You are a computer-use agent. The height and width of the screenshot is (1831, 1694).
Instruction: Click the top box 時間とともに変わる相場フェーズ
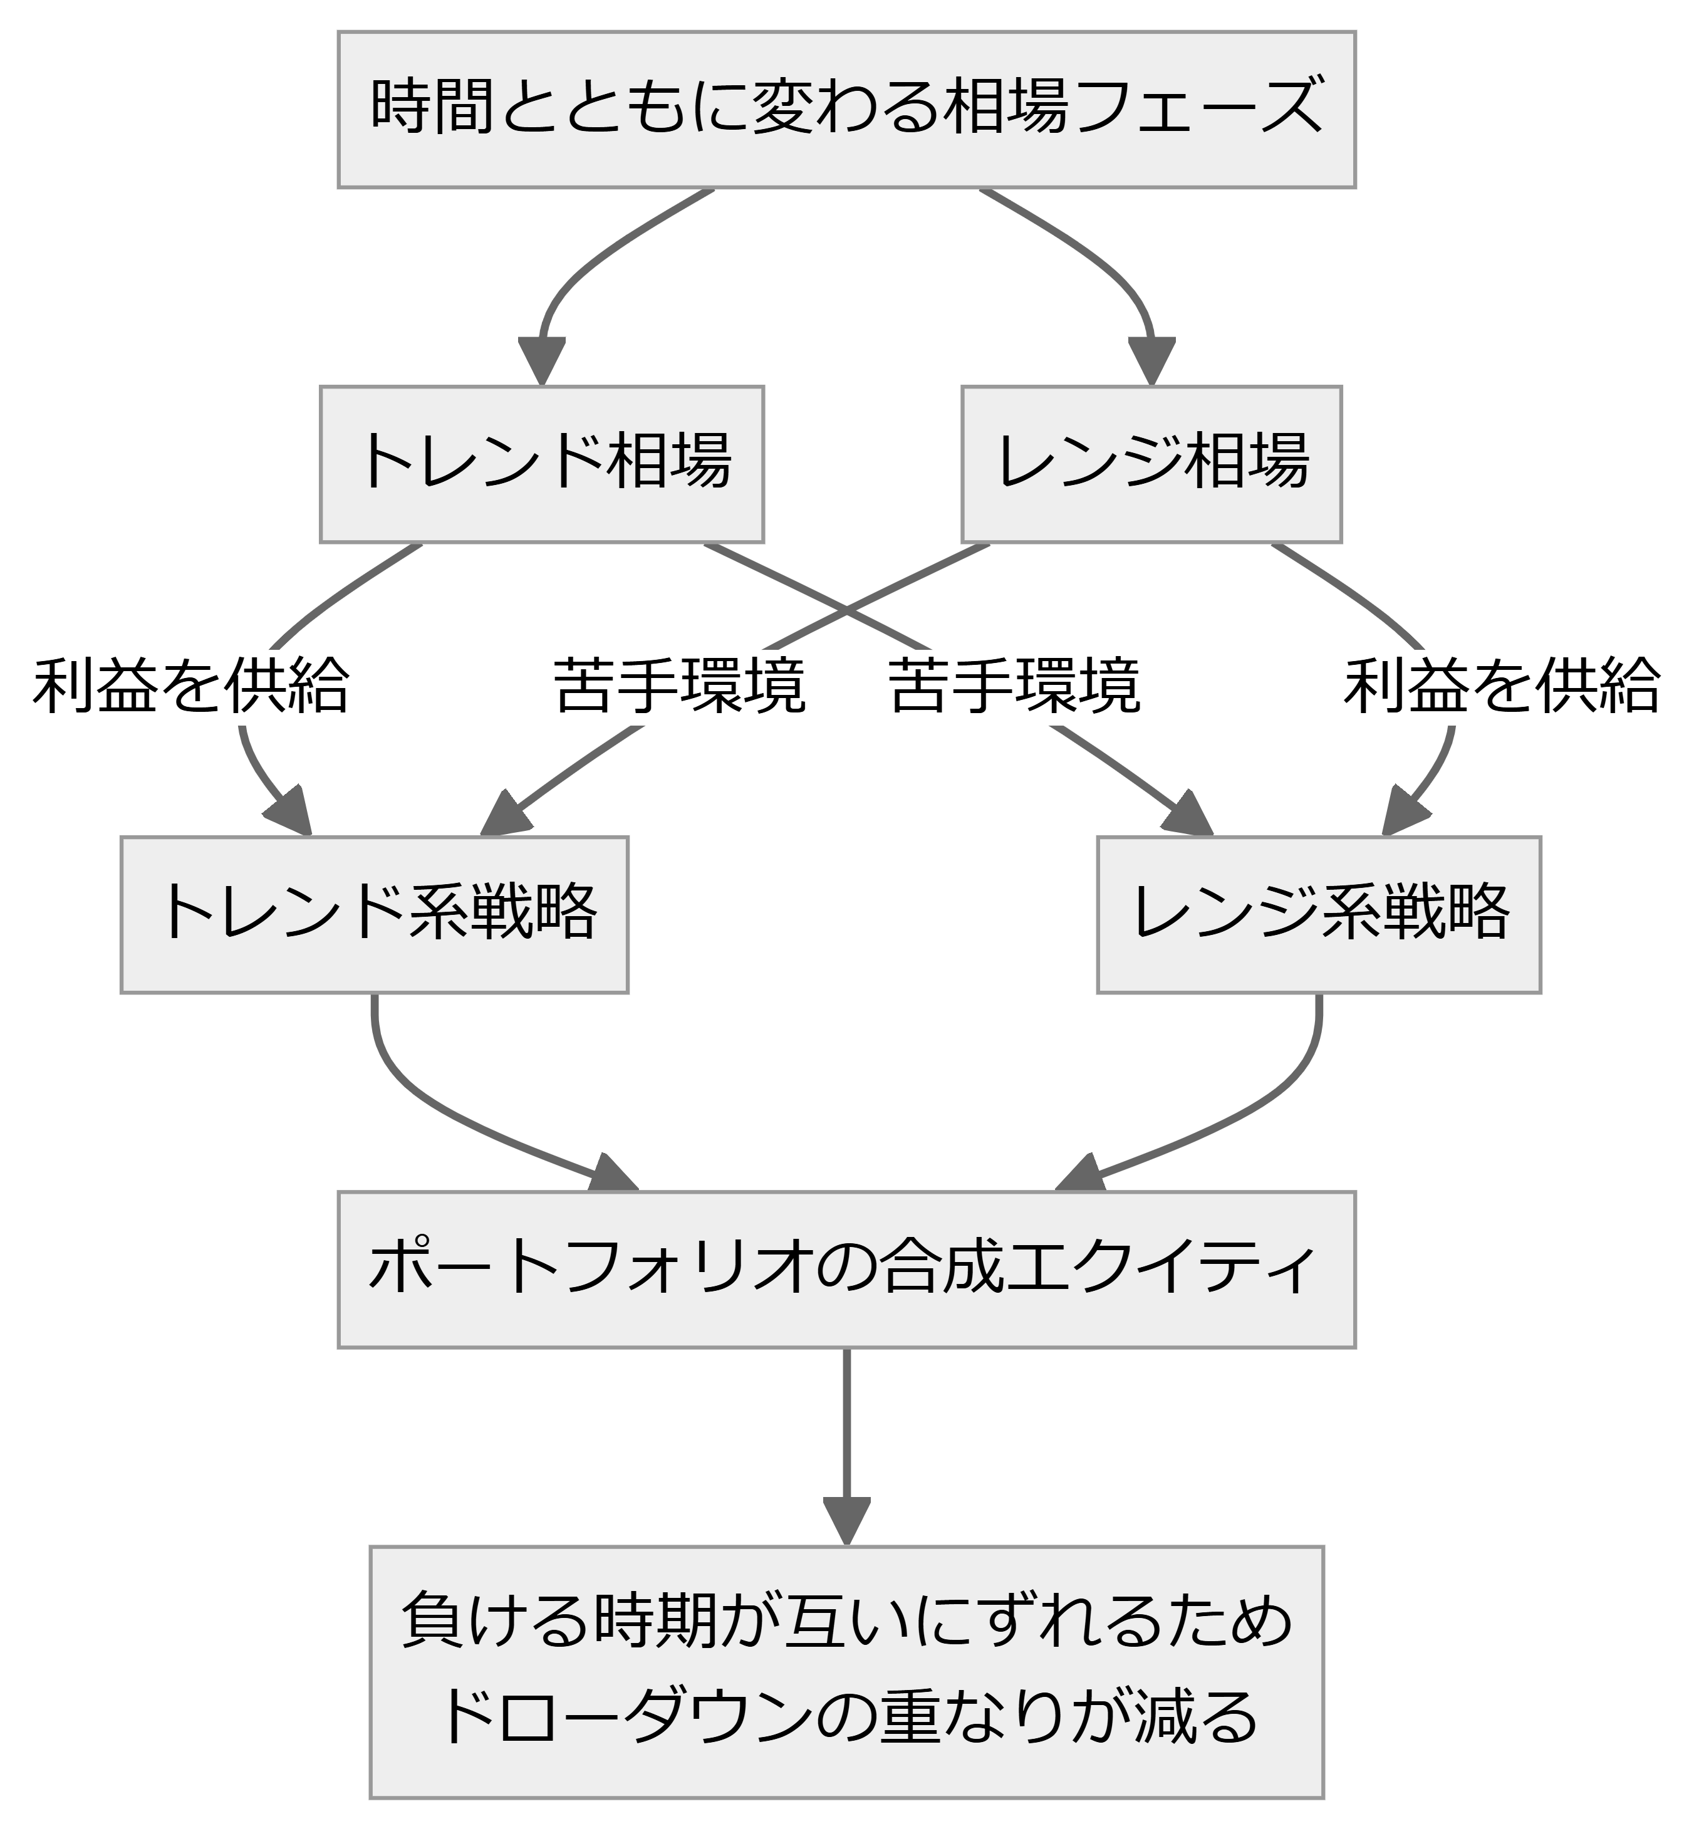(x=846, y=110)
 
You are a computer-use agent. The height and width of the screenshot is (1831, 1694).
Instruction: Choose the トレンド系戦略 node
(x=374, y=914)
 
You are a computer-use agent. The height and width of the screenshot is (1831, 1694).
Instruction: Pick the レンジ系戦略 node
(x=1319, y=914)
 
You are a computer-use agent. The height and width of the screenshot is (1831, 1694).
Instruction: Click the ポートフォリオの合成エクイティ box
(x=846, y=1269)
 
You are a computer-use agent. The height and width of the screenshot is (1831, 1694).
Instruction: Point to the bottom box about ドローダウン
(x=846, y=1671)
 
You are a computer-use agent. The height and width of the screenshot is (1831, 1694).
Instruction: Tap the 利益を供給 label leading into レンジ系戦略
(x=1502, y=685)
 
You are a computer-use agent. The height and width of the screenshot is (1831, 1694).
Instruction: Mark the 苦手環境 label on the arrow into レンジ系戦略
(x=1015, y=685)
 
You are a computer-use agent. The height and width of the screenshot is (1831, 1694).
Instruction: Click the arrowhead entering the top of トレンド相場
(x=542, y=362)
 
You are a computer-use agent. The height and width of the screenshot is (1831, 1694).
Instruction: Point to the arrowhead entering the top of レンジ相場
(x=1151, y=362)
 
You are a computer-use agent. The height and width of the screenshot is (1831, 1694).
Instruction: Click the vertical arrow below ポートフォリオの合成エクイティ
(x=846, y=1447)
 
